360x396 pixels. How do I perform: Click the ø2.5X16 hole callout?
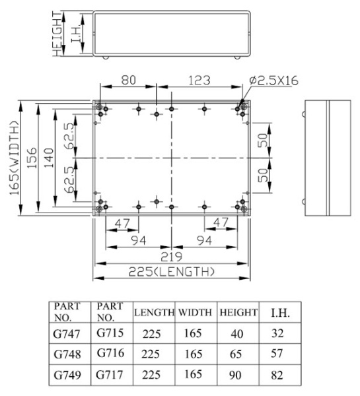tap(273, 81)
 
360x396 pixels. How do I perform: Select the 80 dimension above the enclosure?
tap(128, 80)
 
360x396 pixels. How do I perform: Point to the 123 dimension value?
tap(199, 81)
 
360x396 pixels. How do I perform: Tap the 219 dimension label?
tap(171, 257)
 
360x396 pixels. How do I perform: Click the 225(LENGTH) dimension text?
tap(172, 272)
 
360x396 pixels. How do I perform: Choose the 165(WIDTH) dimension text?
tap(15, 158)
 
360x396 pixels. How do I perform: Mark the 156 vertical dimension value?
tap(32, 158)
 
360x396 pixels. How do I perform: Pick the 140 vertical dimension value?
tap(48, 158)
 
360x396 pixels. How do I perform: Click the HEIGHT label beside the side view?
tap(57, 34)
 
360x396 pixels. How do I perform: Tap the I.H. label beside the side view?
tap(76, 34)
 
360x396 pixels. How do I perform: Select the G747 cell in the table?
tap(67, 334)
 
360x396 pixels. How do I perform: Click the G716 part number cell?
tap(110, 353)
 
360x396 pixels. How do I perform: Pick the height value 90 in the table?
tap(235, 375)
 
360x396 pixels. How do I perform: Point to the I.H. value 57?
tap(277, 353)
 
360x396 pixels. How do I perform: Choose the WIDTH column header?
tap(195, 312)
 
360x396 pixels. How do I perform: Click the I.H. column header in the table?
tap(280, 313)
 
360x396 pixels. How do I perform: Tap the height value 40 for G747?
tap(237, 334)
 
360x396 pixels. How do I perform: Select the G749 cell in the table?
tap(67, 375)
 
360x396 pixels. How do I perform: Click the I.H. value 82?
tap(277, 375)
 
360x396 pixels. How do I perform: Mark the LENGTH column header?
tap(154, 312)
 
